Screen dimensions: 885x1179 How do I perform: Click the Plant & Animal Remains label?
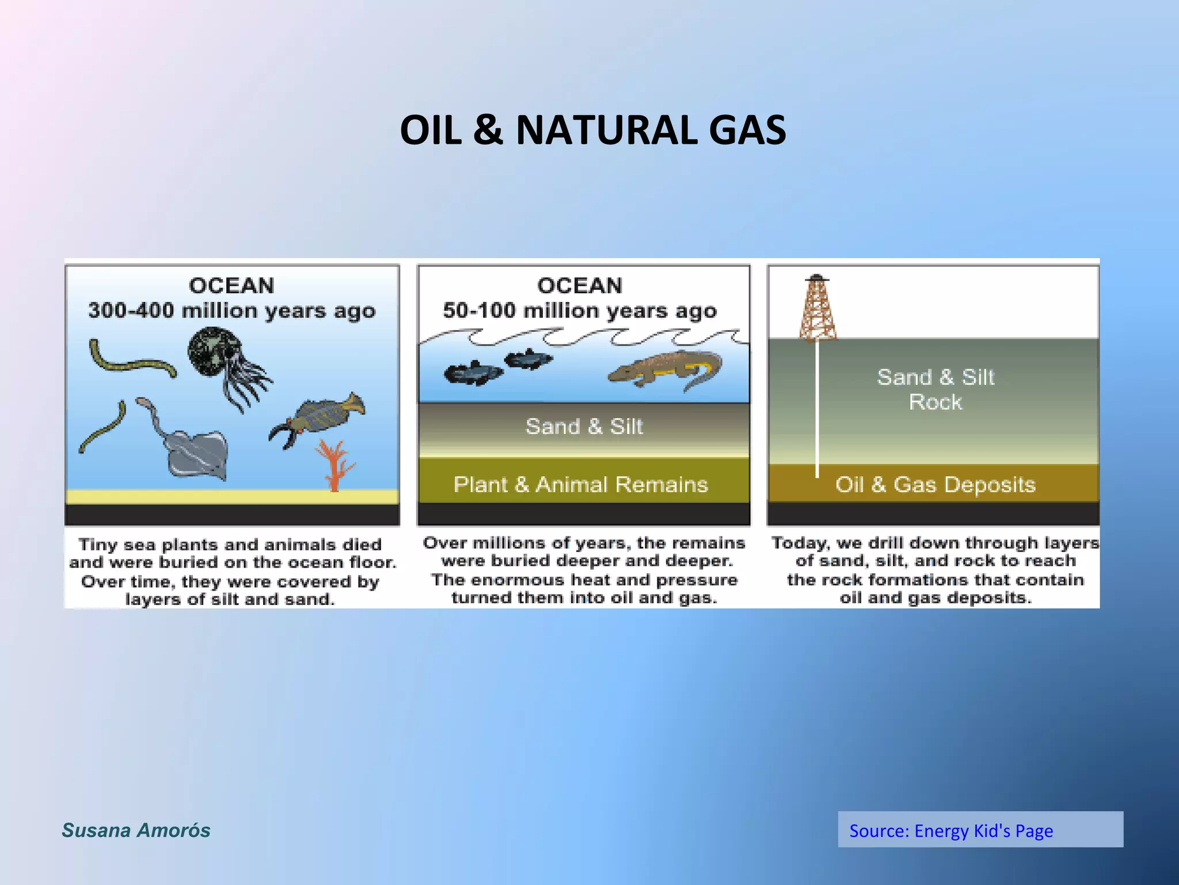580,485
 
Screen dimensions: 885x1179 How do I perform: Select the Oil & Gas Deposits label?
935,485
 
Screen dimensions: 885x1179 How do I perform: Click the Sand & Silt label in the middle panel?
584,427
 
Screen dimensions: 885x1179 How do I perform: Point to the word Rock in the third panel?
935,402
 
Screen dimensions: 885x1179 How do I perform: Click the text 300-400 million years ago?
231,311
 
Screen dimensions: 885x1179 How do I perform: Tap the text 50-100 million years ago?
580,311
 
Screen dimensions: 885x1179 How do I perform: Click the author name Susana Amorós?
136,830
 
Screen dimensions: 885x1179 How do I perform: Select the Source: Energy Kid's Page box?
980,830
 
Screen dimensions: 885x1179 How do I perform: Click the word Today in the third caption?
799,543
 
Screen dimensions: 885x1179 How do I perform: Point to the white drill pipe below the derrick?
817,409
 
